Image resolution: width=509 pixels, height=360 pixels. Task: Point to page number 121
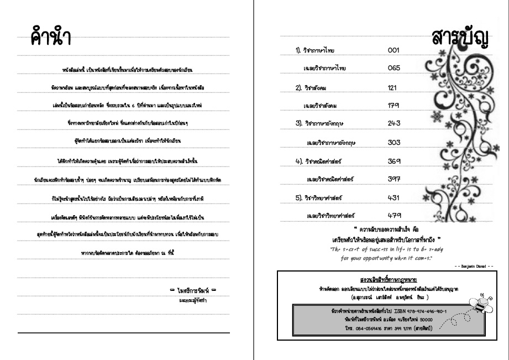(x=393, y=88)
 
